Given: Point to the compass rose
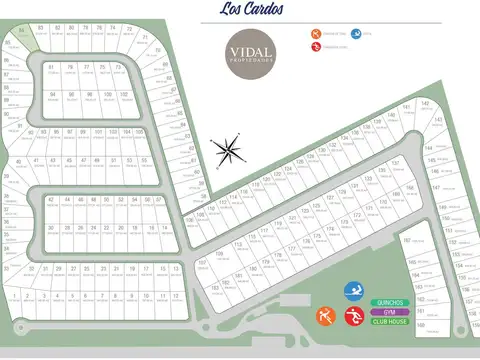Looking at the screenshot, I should (x=228, y=150).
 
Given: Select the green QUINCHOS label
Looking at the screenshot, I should (x=390, y=302).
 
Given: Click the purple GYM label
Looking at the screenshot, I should (x=390, y=312).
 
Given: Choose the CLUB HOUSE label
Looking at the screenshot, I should (x=390, y=322).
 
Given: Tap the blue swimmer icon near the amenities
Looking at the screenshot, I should (x=352, y=292).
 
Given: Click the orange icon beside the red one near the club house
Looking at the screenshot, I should (x=324, y=318).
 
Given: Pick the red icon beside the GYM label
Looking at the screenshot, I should (x=351, y=318).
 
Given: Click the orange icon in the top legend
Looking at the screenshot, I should (x=316, y=35).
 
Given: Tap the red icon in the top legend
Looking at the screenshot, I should (x=316, y=47).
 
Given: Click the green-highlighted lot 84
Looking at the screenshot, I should (x=40, y=29).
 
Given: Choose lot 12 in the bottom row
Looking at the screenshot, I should (x=176, y=297).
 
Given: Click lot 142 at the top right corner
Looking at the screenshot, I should (x=424, y=104).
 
